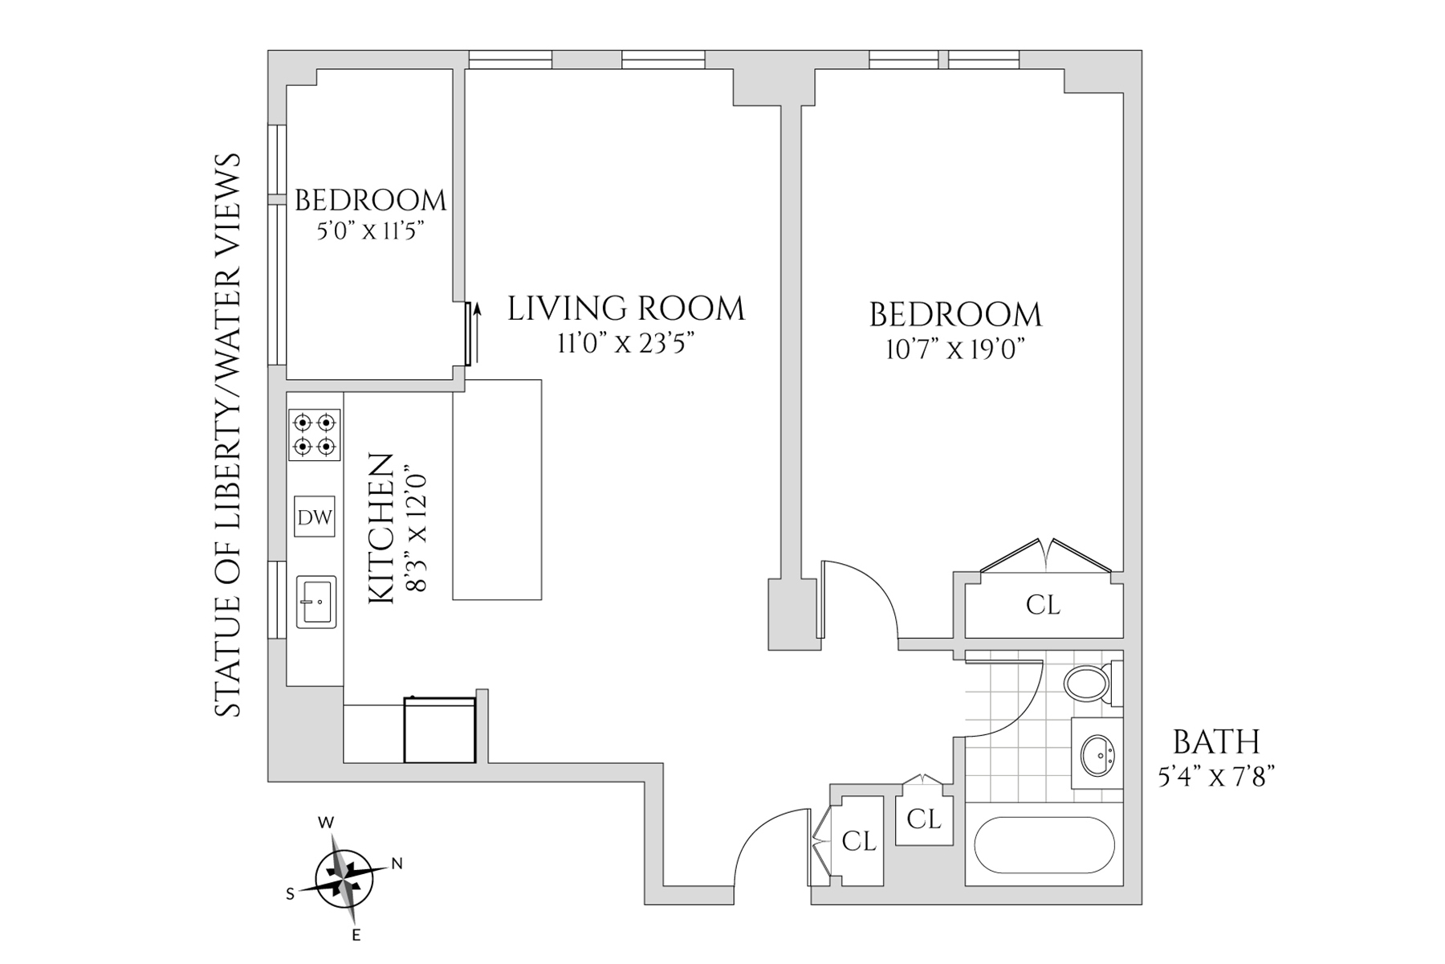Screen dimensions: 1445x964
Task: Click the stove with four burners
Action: tap(315, 435)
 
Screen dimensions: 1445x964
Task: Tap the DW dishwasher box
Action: tap(315, 517)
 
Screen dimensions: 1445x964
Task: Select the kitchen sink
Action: tap(316, 602)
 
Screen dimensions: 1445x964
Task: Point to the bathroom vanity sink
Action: tap(1097, 754)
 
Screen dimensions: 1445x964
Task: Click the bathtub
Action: tap(1044, 846)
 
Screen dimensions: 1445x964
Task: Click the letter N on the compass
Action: tap(396, 864)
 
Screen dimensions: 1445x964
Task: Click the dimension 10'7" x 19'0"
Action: tap(955, 350)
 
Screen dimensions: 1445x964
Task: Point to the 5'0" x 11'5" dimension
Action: tap(371, 231)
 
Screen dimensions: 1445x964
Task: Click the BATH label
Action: tap(1216, 741)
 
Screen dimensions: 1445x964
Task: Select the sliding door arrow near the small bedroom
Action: tap(478, 332)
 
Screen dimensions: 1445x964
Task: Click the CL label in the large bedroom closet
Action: tap(1043, 605)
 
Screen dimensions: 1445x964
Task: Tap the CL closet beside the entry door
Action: tap(858, 841)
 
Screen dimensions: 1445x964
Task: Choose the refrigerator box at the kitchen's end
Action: tap(440, 730)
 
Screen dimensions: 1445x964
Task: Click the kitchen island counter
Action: tap(497, 490)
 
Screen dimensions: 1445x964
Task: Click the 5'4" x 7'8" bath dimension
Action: tap(1216, 777)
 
